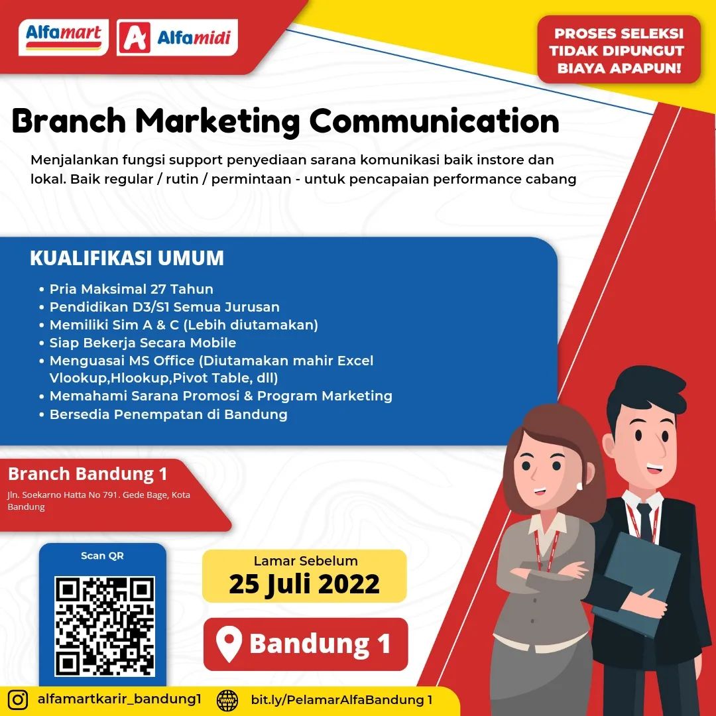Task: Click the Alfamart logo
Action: click(x=64, y=37)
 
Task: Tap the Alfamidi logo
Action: click(x=177, y=37)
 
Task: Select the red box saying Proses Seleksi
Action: click(x=619, y=50)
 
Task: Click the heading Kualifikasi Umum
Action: click(x=127, y=258)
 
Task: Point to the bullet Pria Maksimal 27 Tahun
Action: click(x=127, y=289)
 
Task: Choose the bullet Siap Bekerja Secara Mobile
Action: click(x=138, y=343)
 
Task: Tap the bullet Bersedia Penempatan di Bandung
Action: click(x=164, y=414)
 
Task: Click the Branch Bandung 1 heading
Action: click(x=88, y=474)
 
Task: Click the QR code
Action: click(x=105, y=626)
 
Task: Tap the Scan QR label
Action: click(x=102, y=556)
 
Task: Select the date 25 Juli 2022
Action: click(x=304, y=584)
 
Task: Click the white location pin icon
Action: click(x=229, y=643)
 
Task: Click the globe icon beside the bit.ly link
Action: click(x=227, y=700)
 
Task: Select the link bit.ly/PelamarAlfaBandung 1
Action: click(x=341, y=699)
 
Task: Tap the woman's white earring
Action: click(x=579, y=485)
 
